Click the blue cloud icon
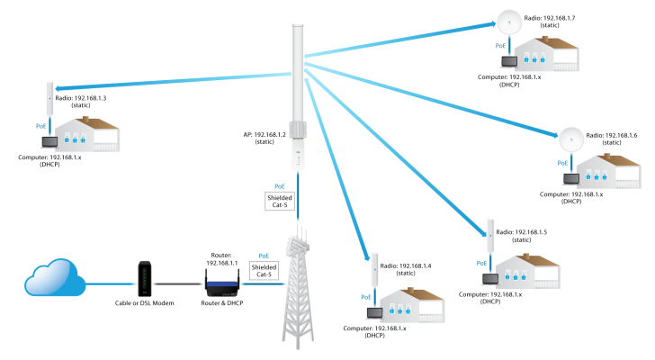point(54,278)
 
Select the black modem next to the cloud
point(144,278)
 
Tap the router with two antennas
point(221,285)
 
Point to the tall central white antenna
point(298,90)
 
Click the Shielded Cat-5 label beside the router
point(264,270)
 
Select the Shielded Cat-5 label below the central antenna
point(280,201)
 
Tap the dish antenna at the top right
point(509,22)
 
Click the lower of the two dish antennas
point(571,139)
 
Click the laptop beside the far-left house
point(49,142)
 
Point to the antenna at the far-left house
point(50,98)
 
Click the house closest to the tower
point(412,305)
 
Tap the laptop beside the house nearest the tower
point(373,313)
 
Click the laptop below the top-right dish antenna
point(509,62)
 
